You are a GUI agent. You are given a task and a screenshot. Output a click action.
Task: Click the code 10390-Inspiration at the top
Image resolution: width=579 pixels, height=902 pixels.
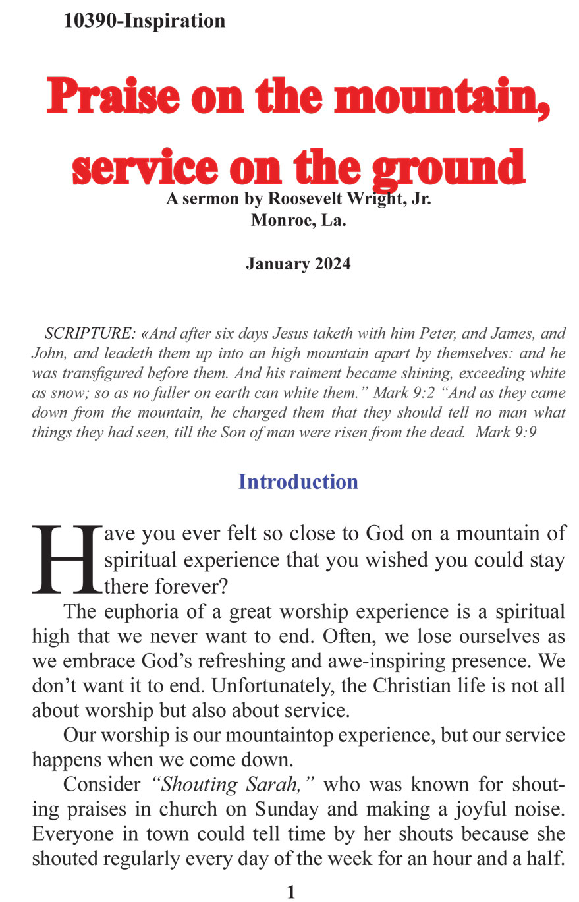tap(144, 21)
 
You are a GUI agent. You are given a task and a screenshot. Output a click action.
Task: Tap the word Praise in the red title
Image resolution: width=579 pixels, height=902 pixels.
tap(113, 96)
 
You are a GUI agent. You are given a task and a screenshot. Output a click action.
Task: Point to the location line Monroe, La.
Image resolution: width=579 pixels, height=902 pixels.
tap(298, 220)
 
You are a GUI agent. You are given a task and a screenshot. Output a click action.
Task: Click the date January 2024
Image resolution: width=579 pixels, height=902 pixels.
tap(298, 264)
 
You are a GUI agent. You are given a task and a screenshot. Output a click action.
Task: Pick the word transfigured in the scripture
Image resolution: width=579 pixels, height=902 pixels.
tap(92, 373)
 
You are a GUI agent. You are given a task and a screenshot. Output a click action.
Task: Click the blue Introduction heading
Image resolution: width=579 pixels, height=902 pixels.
tap(298, 482)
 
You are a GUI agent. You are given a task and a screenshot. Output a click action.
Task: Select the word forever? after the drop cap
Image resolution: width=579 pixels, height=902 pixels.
tap(191, 586)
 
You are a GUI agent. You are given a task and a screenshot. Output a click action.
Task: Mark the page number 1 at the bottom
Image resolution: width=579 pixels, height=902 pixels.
tap(291, 892)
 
